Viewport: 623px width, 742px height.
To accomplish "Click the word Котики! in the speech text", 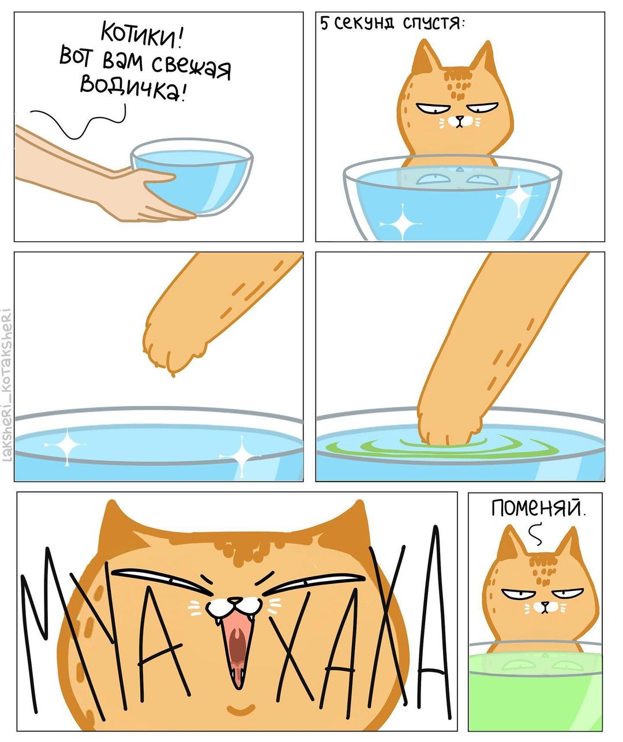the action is pos(143,36).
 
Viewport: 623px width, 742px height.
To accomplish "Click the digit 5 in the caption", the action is pos(324,24).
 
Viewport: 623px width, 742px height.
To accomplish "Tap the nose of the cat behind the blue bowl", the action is pos(460,117).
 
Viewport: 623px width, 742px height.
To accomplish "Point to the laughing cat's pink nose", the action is pos(235,600).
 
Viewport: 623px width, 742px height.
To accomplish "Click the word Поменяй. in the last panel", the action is pos(538,508).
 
